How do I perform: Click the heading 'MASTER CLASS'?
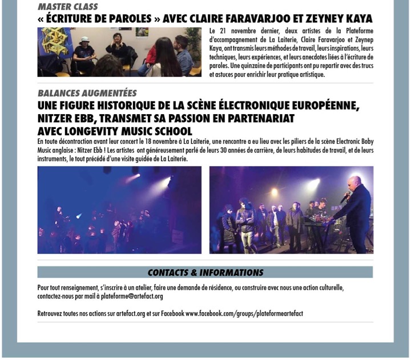67,7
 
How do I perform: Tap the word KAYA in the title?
356,19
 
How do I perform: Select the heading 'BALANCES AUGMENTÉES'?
87,93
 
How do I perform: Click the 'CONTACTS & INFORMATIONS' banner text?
205,273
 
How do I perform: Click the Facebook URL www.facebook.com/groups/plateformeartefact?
244,314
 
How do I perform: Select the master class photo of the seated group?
119,52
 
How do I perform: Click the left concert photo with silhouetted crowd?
119,210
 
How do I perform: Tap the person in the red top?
152,56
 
